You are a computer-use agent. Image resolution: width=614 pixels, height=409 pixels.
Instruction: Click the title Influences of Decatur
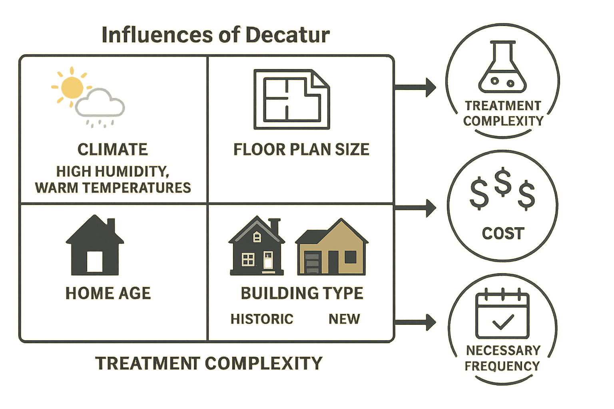click(x=215, y=35)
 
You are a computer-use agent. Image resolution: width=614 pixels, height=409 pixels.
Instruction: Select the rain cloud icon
click(x=100, y=106)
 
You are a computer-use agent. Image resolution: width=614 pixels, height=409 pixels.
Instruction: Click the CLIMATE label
click(x=112, y=149)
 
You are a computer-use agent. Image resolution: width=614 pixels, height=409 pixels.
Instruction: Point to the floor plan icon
click(x=291, y=99)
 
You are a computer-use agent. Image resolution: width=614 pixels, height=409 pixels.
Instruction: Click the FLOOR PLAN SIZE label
click(x=301, y=149)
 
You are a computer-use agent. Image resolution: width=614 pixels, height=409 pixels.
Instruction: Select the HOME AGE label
click(x=108, y=293)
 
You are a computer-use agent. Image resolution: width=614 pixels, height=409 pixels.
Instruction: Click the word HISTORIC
click(x=262, y=319)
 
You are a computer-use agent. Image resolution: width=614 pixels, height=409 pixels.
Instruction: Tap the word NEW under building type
click(x=344, y=319)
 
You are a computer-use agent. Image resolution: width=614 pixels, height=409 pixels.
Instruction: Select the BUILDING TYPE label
click(x=302, y=293)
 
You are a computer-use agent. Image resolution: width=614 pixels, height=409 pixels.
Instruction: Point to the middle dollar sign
click(x=502, y=182)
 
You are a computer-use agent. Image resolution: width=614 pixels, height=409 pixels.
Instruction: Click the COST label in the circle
click(x=502, y=233)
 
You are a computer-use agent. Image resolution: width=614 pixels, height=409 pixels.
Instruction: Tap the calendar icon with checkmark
click(x=502, y=316)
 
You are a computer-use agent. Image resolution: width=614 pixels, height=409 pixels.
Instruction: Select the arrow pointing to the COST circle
click(x=418, y=208)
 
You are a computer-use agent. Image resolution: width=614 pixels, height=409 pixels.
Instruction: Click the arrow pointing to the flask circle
click(x=418, y=87)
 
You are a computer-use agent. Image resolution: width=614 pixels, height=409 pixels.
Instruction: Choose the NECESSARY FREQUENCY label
click(x=502, y=358)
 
